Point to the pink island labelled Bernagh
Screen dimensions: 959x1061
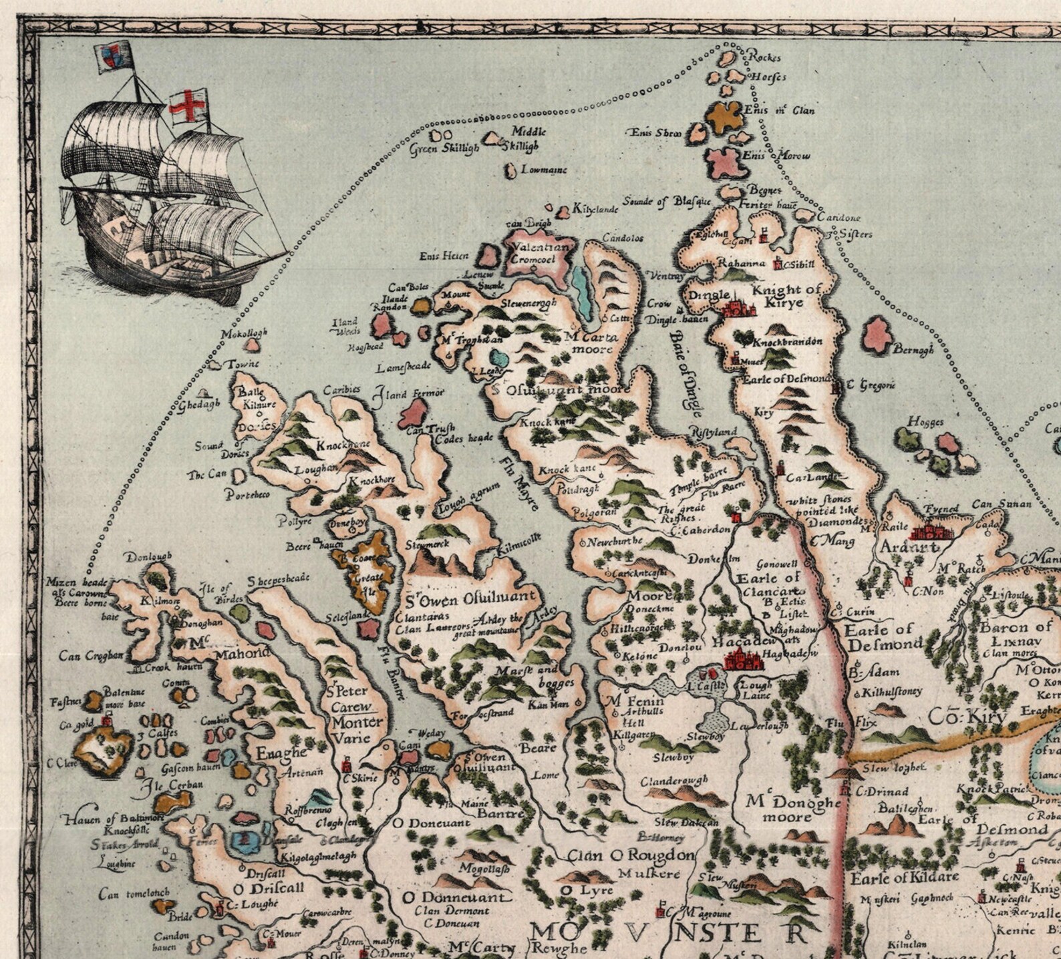(x=878, y=333)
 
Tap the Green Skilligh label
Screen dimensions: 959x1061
(x=445, y=149)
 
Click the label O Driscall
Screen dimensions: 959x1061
(x=269, y=888)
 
